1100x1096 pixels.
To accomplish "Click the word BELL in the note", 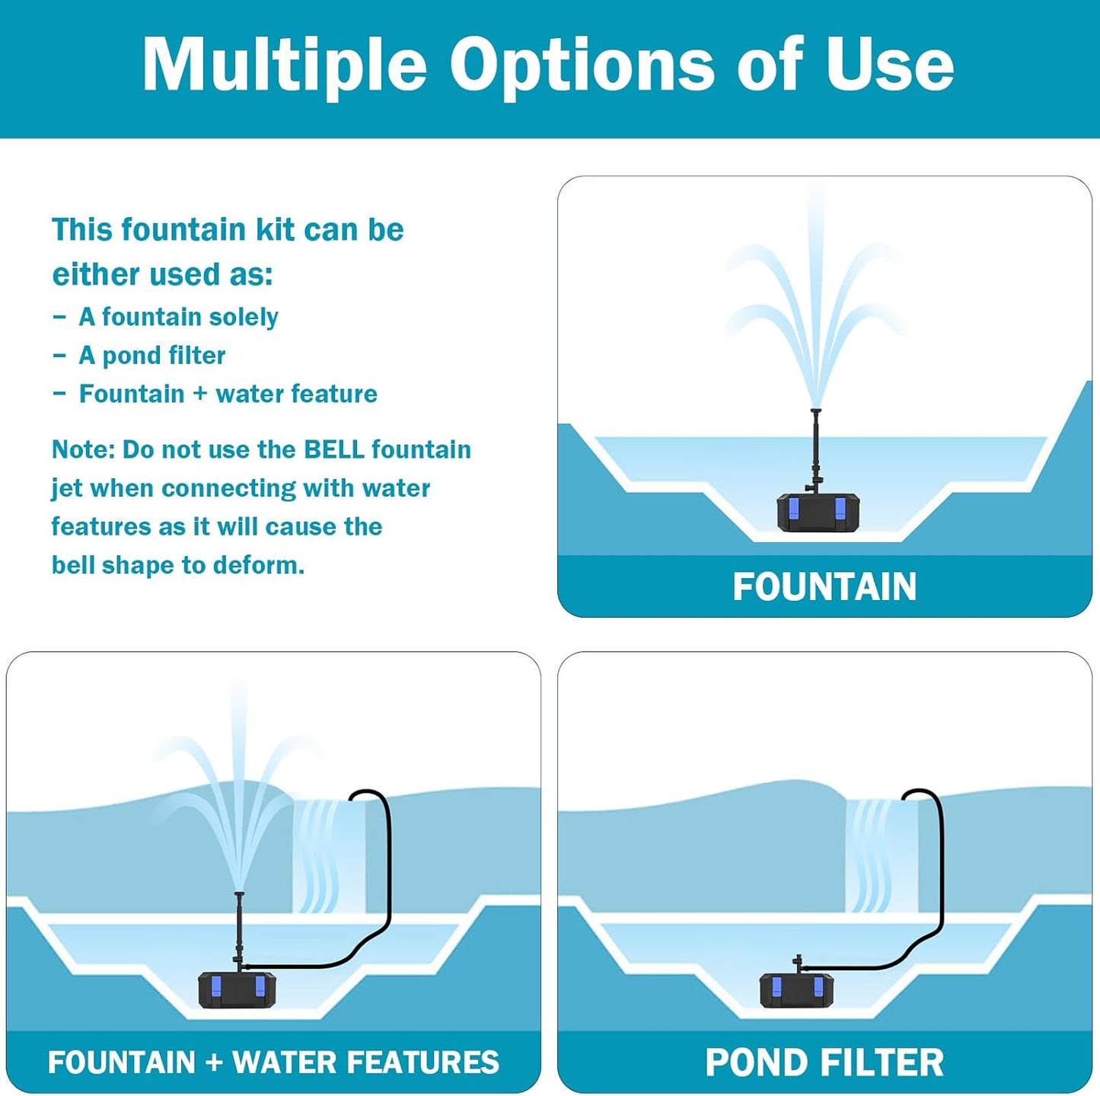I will (333, 449).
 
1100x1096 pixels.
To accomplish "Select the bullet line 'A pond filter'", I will (151, 355).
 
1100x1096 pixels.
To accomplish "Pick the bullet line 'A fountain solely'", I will (178, 317).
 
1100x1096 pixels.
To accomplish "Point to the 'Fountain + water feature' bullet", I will (228, 394).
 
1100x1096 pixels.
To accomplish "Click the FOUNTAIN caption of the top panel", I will (824, 586).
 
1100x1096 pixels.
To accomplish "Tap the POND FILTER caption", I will (824, 1062).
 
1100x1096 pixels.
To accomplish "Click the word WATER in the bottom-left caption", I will (282, 1062).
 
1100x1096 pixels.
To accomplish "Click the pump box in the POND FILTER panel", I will (796, 989).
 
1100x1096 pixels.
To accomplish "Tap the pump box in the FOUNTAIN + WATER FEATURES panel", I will (238, 990).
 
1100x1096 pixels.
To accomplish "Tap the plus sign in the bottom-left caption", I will (213, 1062).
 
